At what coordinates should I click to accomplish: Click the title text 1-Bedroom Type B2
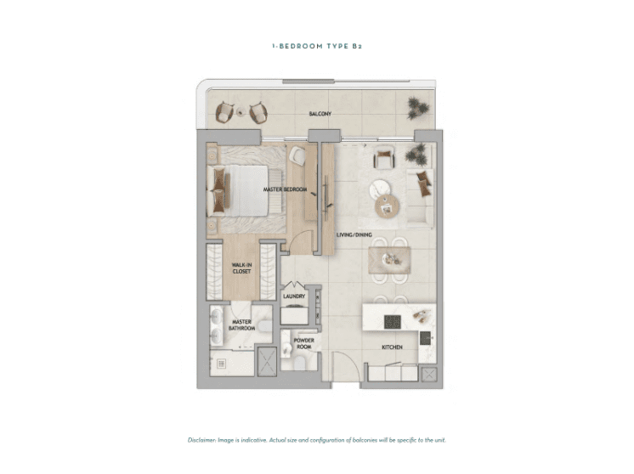317,46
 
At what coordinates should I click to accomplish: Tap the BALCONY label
320,114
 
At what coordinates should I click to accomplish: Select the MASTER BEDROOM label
285,189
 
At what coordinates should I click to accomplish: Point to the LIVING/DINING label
354,234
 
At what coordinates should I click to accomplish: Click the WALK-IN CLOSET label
242,268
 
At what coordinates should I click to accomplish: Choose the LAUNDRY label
294,296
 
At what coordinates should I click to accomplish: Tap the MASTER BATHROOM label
242,324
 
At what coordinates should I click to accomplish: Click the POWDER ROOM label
303,343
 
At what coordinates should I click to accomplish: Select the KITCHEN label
392,347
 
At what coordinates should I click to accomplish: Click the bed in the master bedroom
238,190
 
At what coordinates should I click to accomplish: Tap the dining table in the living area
389,260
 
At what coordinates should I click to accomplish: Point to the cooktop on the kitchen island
392,322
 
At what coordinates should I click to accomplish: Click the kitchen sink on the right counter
425,338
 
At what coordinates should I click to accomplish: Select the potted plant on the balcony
417,108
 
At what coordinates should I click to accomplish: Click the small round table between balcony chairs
241,112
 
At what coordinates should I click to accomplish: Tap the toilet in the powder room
300,363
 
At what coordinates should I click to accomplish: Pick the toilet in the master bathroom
265,326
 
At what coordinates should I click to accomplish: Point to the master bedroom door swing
302,242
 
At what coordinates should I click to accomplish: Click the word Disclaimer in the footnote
201,440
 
